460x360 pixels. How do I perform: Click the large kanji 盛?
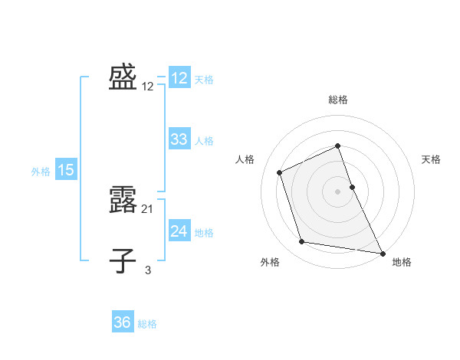pos(123,77)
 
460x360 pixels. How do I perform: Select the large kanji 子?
pos(123,260)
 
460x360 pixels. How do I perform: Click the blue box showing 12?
pos(179,78)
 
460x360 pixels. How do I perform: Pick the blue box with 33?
pos(179,139)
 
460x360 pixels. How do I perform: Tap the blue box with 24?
pos(179,231)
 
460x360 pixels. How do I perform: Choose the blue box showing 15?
pos(66,170)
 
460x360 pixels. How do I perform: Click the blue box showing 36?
pos(123,322)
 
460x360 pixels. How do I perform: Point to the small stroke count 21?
pos(148,208)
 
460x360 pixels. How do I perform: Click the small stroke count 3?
pos(148,269)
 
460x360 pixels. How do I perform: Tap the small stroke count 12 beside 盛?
pos(148,87)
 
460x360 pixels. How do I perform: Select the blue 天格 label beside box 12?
pos(204,79)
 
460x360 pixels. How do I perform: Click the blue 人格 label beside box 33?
pos(204,141)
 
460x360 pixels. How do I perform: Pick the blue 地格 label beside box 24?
pos(204,233)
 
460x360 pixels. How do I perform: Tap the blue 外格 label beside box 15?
pos(41,172)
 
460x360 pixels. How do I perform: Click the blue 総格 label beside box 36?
pos(147,324)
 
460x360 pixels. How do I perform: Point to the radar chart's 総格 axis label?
pos(337,100)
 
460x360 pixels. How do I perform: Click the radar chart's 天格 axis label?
pos(431,159)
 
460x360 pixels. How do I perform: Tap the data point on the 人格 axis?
pos(280,172)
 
